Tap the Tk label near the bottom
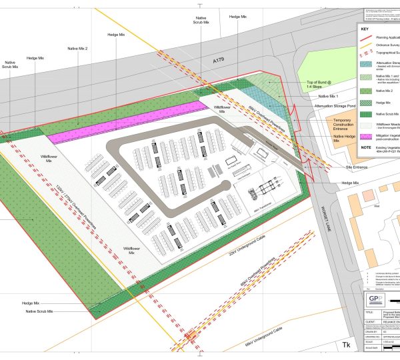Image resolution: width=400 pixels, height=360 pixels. coord(346,345)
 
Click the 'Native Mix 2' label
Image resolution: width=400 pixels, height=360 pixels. coord(77,49)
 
